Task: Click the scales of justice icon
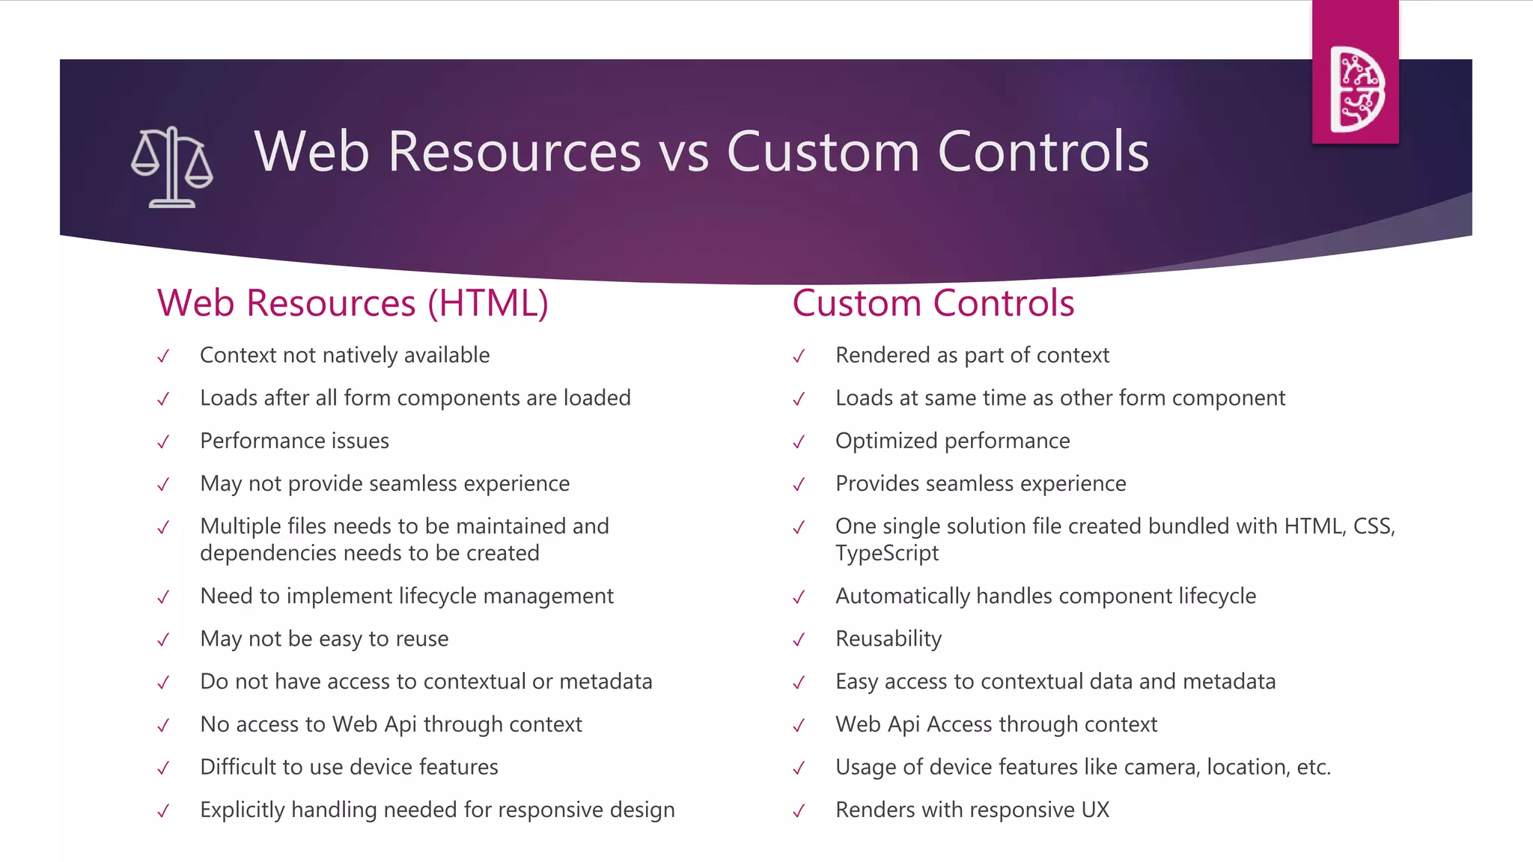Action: coord(172,167)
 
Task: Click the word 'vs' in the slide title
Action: coord(683,153)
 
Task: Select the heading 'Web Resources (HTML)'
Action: coord(353,304)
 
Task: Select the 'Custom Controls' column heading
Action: coord(933,304)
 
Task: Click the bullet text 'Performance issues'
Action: coord(294,441)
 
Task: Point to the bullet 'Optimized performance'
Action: coord(952,441)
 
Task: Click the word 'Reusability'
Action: coord(889,639)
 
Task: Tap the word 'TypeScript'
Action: coord(887,554)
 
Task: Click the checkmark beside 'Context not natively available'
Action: coord(163,357)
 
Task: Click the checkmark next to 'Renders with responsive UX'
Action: coord(799,811)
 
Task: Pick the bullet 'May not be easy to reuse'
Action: coord(324,639)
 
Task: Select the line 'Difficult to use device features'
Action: coord(349,767)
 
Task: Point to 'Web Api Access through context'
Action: coord(996,724)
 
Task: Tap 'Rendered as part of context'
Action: coord(972,355)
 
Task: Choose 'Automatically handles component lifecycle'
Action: coord(1046,596)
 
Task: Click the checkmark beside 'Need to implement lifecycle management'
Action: coord(163,598)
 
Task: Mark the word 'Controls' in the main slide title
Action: coord(1043,153)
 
